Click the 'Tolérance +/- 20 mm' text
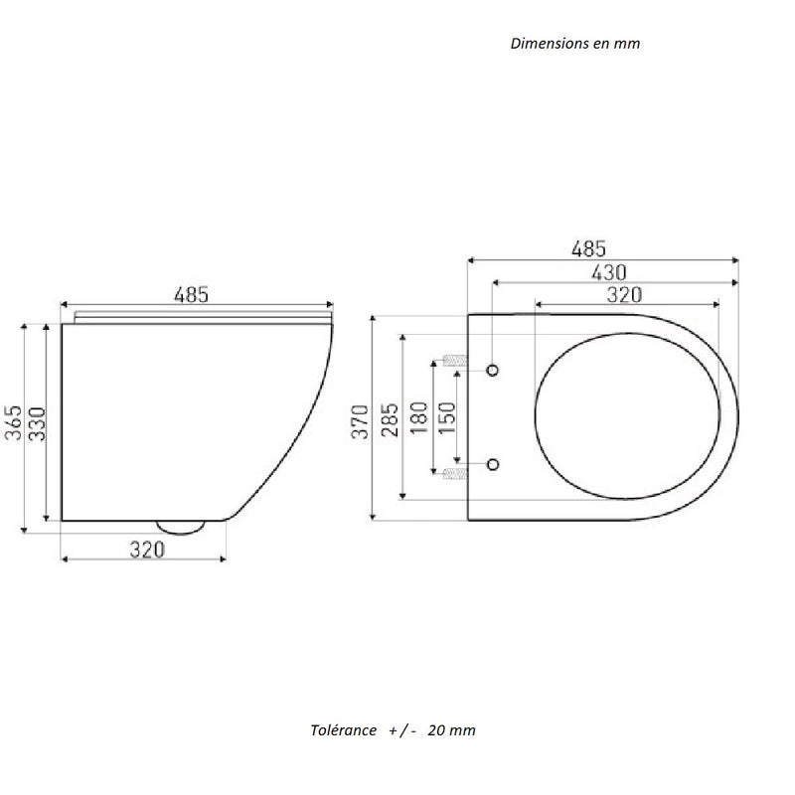click(x=394, y=730)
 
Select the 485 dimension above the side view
click(x=191, y=294)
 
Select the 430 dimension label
click(x=610, y=271)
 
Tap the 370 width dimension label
click(x=362, y=420)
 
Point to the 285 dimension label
click(x=391, y=420)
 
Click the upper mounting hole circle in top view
click(x=493, y=370)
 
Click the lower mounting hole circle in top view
click(x=493, y=464)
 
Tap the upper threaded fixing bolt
click(x=453, y=360)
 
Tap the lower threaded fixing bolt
click(x=453, y=474)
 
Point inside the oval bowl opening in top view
click(x=626, y=417)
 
